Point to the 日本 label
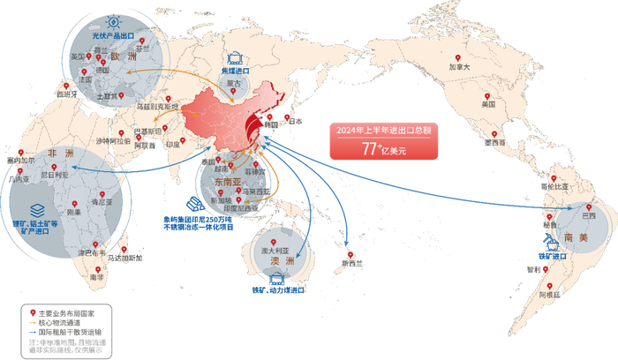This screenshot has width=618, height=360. [295, 122]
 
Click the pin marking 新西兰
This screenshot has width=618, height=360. [350, 229]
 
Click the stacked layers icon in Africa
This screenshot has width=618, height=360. [37, 210]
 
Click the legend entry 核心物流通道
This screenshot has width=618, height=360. [66, 321]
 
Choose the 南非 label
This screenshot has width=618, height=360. [95, 277]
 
